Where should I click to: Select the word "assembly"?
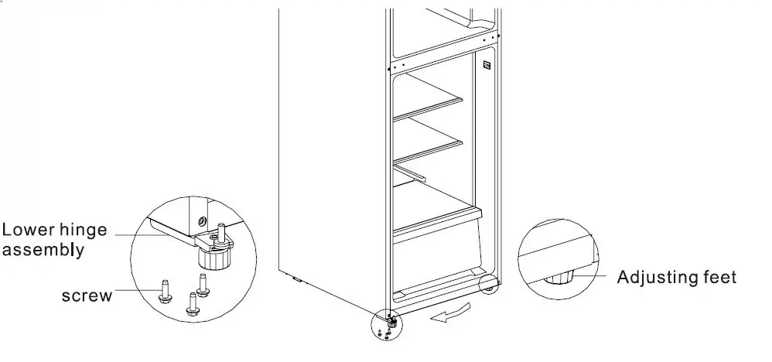point(43,250)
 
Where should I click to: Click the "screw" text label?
point(87,295)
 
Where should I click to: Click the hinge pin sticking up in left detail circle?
point(221,230)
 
